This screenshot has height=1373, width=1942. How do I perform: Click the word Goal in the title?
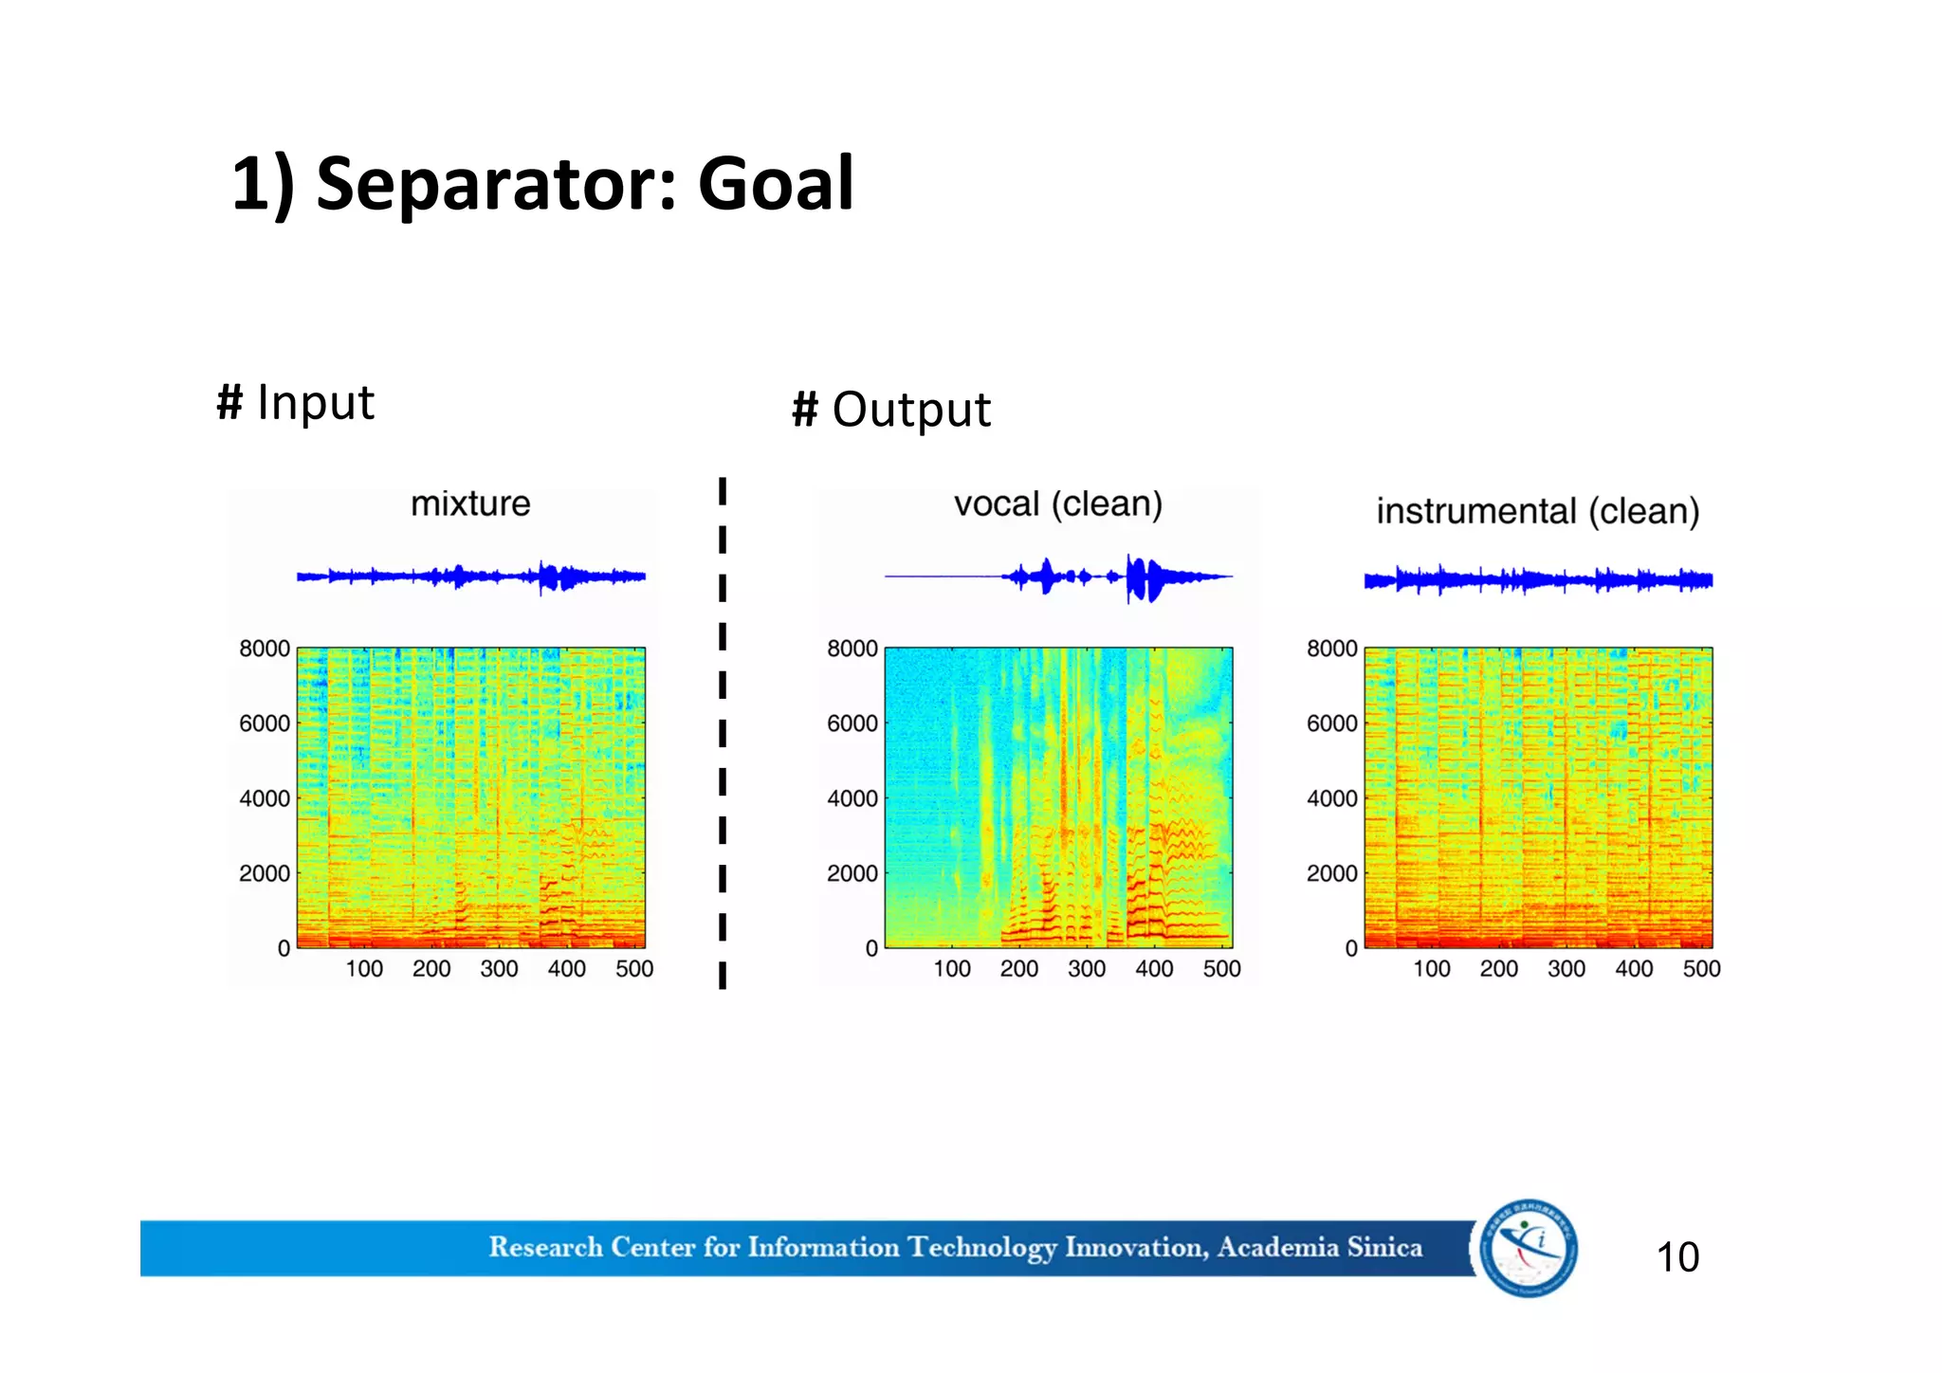coord(776,184)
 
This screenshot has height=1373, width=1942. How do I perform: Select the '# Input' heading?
coord(296,403)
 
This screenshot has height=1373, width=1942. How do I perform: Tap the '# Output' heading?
coord(891,411)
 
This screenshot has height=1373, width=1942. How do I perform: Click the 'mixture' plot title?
coord(470,503)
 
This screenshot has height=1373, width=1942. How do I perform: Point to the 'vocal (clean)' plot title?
coord(1058,503)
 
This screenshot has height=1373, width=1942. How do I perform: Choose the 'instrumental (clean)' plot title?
coord(1537,512)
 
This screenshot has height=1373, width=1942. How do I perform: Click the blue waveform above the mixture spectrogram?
coord(471,576)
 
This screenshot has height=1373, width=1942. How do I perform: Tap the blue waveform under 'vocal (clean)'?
coord(1138,577)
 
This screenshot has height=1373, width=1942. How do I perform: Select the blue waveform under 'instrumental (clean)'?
coord(1538,579)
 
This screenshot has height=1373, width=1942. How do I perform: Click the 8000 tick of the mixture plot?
coord(265,650)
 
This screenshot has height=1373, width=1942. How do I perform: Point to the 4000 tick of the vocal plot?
coord(852,798)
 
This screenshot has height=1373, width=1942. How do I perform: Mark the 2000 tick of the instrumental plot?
coord(1331,873)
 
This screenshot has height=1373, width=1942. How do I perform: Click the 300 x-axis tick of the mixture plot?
coord(499,969)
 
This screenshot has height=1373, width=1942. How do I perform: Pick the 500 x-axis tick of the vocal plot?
coord(1221,969)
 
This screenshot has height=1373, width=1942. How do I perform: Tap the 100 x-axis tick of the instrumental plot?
coord(1431,969)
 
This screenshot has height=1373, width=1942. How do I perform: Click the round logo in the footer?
coord(1528,1248)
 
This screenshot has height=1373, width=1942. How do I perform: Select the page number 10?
coord(1676,1257)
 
